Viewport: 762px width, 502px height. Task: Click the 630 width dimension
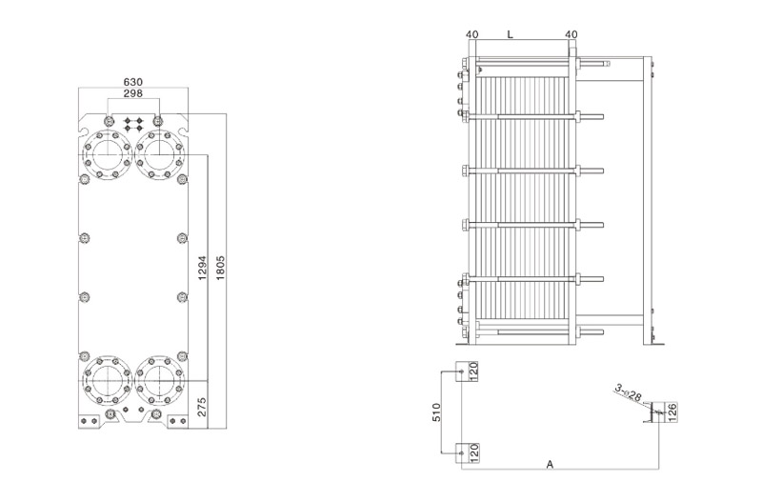pyautogui.click(x=133, y=82)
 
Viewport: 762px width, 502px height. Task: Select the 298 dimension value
pyautogui.click(x=133, y=93)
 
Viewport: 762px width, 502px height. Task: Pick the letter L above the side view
pyautogui.click(x=511, y=34)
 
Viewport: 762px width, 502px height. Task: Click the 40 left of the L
pyautogui.click(x=471, y=34)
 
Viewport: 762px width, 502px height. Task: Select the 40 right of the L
pyautogui.click(x=571, y=34)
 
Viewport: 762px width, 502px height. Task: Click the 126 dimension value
pyautogui.click(x=672, y=412)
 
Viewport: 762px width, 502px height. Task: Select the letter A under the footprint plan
pyautogui.click(x=550, y=465)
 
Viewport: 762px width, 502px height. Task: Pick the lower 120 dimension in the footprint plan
pyautogui.click(x=474, y=453)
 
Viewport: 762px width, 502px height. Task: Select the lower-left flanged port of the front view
pyautogui.click(x=106, y=380)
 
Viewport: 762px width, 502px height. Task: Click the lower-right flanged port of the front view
pyautogui.click(x=158, y=380)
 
